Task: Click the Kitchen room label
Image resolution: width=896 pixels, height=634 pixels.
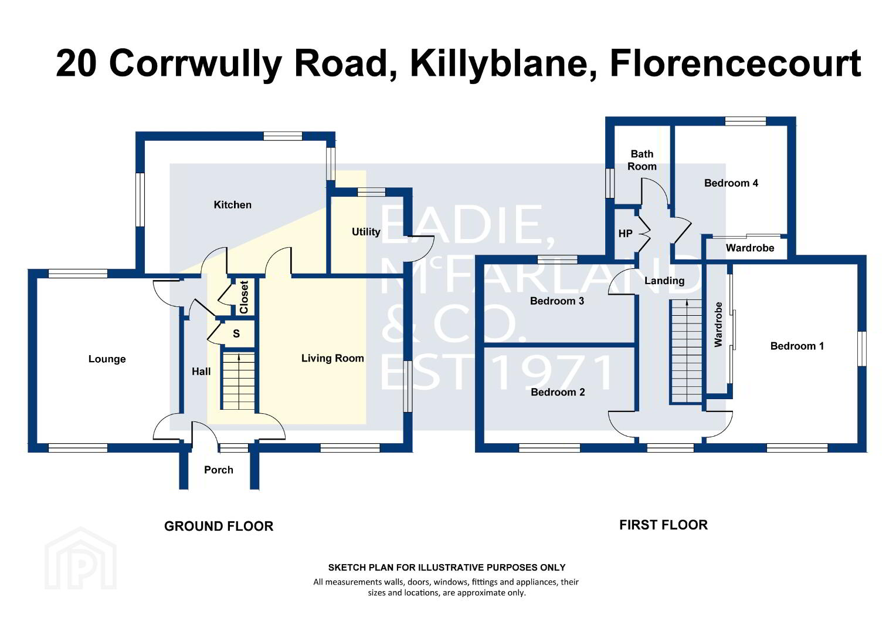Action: [232, 205]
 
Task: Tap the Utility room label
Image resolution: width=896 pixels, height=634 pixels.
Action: [366, 231]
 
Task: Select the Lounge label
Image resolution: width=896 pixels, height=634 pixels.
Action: [107, 359]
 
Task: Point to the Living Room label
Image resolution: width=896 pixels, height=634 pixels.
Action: [332, 358]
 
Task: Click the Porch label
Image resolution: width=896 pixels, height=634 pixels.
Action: [218, 470]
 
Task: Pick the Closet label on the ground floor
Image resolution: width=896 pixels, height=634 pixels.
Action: [244, 297]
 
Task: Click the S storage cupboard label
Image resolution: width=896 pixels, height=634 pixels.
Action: [236, 333]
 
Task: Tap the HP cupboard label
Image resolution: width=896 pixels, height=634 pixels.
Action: [625, 233]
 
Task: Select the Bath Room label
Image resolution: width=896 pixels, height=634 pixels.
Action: [642, 160]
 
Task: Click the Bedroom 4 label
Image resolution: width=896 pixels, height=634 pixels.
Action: [731, 183]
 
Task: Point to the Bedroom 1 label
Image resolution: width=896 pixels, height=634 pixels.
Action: [797, 346]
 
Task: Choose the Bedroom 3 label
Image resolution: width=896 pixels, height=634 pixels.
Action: [557, 301]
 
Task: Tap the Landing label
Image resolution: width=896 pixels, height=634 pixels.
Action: [664, 281]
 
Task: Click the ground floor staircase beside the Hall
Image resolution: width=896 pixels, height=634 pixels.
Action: [239, 381]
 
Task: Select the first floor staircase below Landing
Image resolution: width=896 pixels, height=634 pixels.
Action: [687, 351]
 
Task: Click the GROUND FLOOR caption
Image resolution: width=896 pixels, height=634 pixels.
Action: [219, 526]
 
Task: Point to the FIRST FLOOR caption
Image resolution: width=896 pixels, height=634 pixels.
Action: [664, 525]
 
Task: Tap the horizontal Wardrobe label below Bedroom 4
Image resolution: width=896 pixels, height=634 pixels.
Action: [750, 248]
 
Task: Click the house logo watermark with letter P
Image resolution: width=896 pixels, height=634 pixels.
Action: [80, 559]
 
